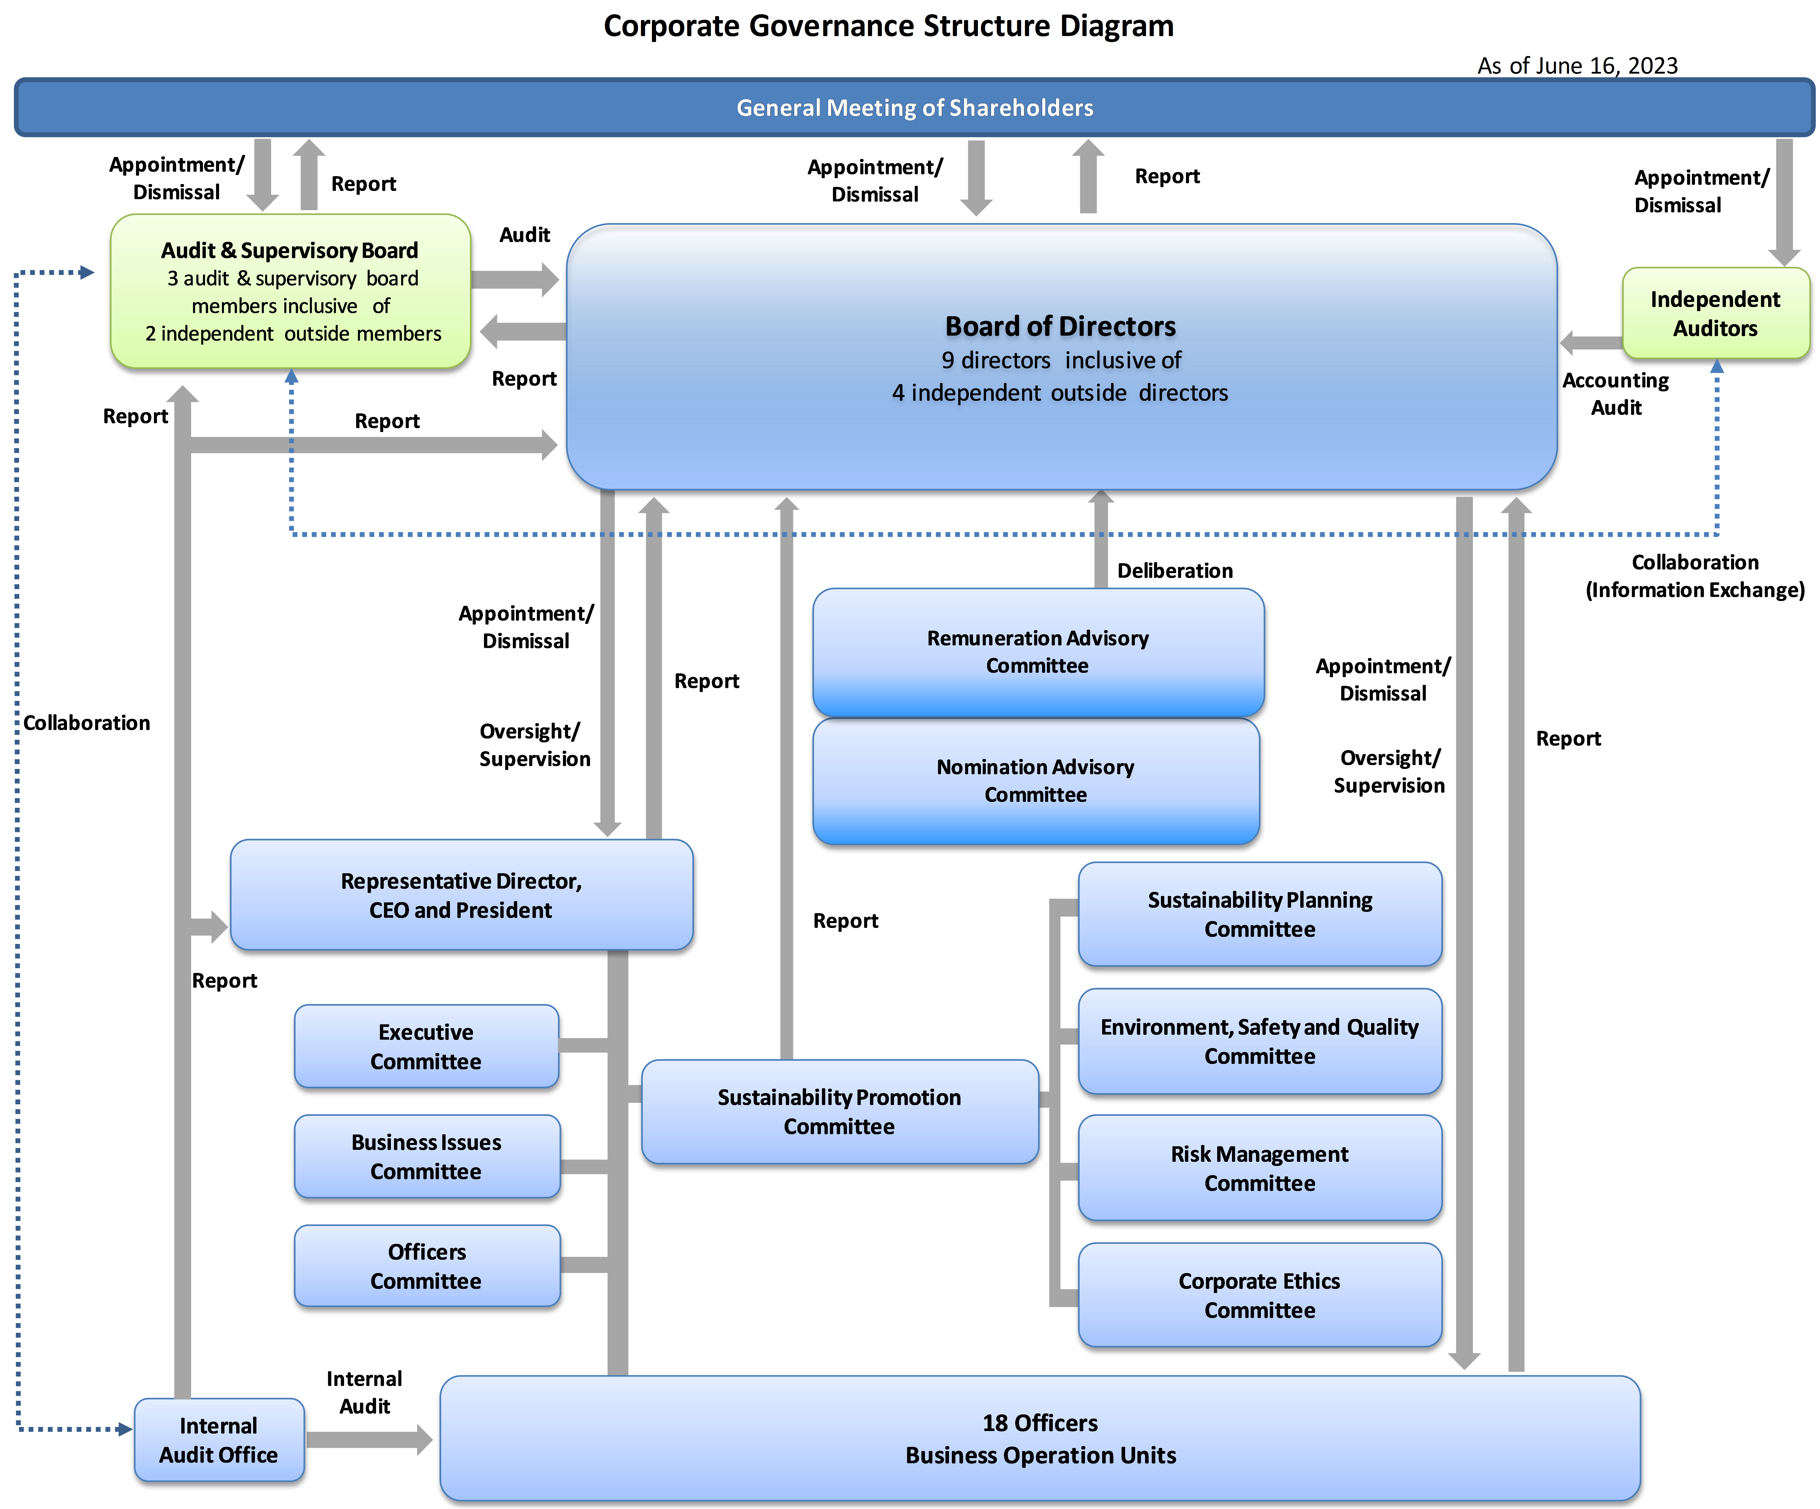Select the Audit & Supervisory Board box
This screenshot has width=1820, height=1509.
coord(290,291)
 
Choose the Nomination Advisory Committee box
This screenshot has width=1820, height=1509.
coord(1036,781)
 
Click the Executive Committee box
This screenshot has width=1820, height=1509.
coord(426,1046)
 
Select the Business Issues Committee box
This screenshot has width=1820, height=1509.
coord(426,1156)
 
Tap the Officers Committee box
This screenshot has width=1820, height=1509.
coord(426,1265)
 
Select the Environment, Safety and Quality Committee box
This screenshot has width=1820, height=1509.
coord(1260,1041)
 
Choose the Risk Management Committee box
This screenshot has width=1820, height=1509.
coord(1260,1167)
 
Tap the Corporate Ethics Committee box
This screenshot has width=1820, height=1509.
coord(1260,1295)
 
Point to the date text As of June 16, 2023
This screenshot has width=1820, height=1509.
coord(1577,66)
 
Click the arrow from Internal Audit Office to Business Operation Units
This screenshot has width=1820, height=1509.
coord(369,1440)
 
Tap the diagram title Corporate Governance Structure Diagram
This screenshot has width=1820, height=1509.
coord(888,26)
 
